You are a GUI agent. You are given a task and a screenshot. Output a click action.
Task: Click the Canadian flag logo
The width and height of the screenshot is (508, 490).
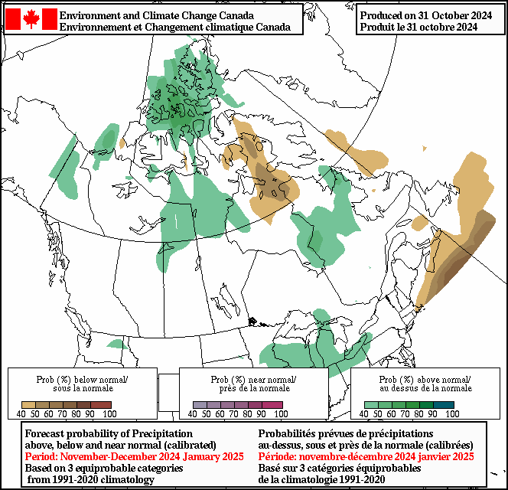(31, 19)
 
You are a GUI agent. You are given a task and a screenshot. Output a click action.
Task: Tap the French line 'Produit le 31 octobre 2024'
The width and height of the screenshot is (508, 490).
(418, 27)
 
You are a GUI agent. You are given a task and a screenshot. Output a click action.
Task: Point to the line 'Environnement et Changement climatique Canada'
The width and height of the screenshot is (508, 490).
(174, 27)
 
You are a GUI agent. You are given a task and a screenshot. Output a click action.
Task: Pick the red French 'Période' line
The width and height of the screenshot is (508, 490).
(366, 456)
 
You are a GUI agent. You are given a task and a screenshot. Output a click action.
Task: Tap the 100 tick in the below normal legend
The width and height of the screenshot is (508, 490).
(109, 414)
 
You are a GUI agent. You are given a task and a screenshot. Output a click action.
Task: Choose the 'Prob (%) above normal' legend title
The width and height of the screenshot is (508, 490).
(425, 380)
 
